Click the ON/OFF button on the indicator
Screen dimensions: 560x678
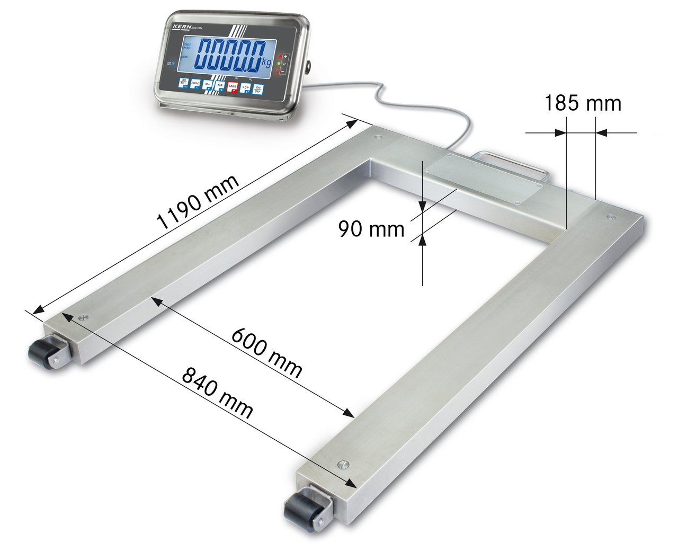pos(257,89)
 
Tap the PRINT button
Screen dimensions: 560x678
pos(195,84)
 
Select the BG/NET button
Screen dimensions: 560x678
pos(183,83)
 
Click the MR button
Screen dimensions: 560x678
pos(220,86)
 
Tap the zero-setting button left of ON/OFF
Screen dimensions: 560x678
pos(245,88)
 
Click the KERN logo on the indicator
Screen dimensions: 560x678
pos(181,25)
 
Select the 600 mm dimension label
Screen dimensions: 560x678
pos(266,352)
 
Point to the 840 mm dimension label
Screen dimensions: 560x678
pos(217,392)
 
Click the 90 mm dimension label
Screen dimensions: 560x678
pos(371,229)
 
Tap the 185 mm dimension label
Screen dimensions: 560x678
pos(583,103)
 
